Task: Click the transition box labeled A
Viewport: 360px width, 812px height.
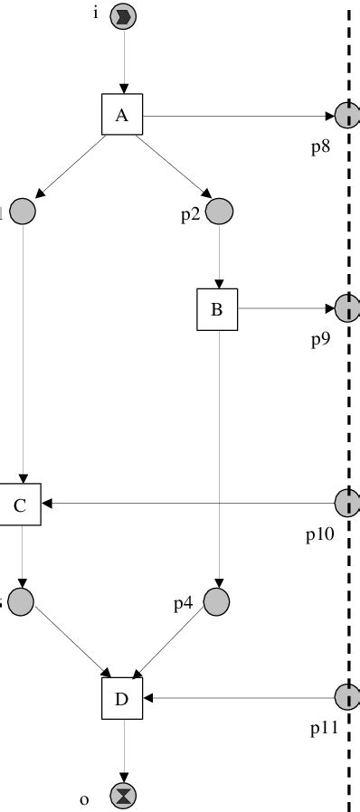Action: pyautogui.click(x=123, y=116)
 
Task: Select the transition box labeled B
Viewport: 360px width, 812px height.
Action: pyautogui.click(x=217, y=309)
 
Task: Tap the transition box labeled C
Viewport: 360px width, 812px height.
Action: pyautogui.click(x=21, y=505)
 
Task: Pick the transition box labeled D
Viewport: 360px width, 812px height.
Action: pyautogui.click(x=123, y=698)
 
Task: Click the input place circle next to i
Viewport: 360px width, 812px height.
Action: pyautogui.click(x=123, y=17)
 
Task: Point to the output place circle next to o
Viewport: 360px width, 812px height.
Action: pyautogui.click(x=123, y=796)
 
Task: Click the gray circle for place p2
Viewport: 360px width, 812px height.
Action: pyautogui.click(x=219, y=211)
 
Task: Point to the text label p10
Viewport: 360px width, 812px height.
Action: pyautogui.click(x=320, y=533)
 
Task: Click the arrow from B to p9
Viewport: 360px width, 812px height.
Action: pyautogui.click(x=286, y=309)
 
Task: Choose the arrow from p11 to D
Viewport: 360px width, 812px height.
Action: pyautogui.click(x=239, y=697)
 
